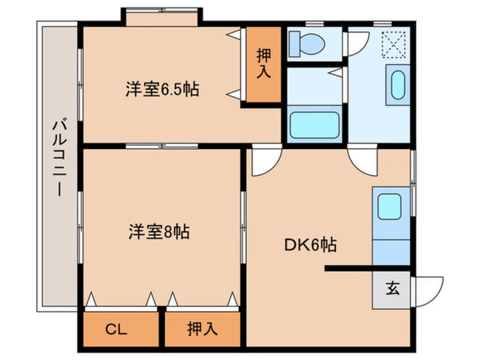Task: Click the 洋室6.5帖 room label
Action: tap(162, 89)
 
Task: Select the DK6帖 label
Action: tap(310, 245)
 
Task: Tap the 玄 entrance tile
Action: tap(391, 289)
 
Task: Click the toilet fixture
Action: tap(306, 43)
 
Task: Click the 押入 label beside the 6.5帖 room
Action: tap(264, 64)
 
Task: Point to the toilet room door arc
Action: tap(358, 43)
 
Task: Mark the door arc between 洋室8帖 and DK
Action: tap(264, 161)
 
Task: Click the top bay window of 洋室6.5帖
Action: tap(162, 17)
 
